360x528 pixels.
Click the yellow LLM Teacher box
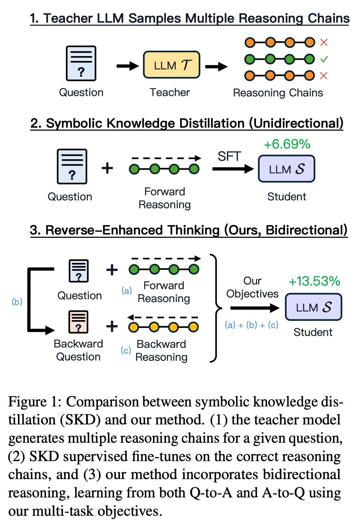(171, 65)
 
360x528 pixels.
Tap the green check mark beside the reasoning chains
(324, 59)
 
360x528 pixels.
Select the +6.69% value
(287, 144)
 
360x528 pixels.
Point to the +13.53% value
(314, 281)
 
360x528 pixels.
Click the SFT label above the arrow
(229, 156)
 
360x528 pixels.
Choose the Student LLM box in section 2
(287, 169)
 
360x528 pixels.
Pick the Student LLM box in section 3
(313, 307)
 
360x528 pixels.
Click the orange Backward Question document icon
(78, 322)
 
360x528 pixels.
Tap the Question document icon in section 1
(81, 63)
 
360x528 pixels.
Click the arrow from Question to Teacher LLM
(127, 66)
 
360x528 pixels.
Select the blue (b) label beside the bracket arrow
(17, 301)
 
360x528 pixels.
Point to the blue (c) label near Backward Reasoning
(126, 350)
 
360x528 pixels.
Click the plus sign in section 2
(107, 168)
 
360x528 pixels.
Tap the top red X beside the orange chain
(324, 42)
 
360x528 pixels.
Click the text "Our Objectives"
(252, 287)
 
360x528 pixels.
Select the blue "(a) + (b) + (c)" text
(251, 325)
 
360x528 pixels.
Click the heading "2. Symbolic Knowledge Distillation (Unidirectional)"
(186, 123)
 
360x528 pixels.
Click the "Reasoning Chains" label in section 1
(278, 93)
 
